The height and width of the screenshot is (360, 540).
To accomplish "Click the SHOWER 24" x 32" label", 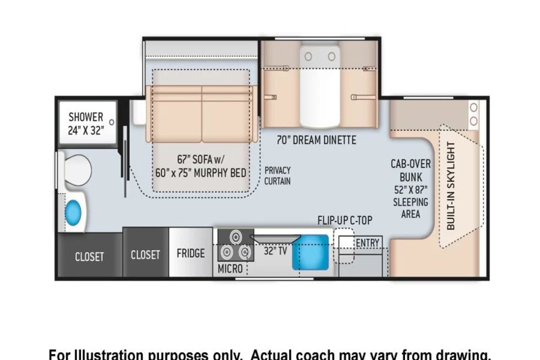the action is point(86,124).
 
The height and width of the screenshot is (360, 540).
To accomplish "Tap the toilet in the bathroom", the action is point(75,170).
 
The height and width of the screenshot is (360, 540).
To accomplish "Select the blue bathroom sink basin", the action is point(73,214).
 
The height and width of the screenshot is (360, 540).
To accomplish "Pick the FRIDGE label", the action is point(190,253).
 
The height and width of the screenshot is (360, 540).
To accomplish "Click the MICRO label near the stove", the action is point(230,268).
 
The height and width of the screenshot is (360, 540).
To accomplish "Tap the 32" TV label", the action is point(275,251).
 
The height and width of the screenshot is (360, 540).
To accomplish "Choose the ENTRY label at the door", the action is point(367,243).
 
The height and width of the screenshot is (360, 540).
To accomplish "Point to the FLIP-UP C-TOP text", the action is point(345,220).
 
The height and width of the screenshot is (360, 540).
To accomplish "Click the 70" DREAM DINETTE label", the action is point(316,140).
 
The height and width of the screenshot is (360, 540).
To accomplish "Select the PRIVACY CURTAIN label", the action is point(277,176).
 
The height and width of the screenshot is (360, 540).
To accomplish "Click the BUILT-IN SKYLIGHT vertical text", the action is point(451,186).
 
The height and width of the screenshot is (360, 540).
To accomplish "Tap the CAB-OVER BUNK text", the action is point(410,170).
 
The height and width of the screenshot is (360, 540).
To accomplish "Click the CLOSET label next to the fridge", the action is point(146,254).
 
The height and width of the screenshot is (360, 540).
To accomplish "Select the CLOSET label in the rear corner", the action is point(90,257).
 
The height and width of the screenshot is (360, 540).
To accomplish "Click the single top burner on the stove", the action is point(236,237).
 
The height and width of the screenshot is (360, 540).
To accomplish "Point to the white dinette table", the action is point(319,86).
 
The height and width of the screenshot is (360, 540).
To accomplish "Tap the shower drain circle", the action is point(112,122).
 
